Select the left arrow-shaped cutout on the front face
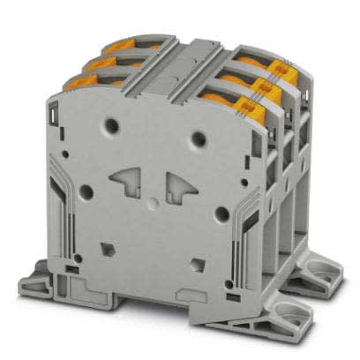[x=127, y=181]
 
